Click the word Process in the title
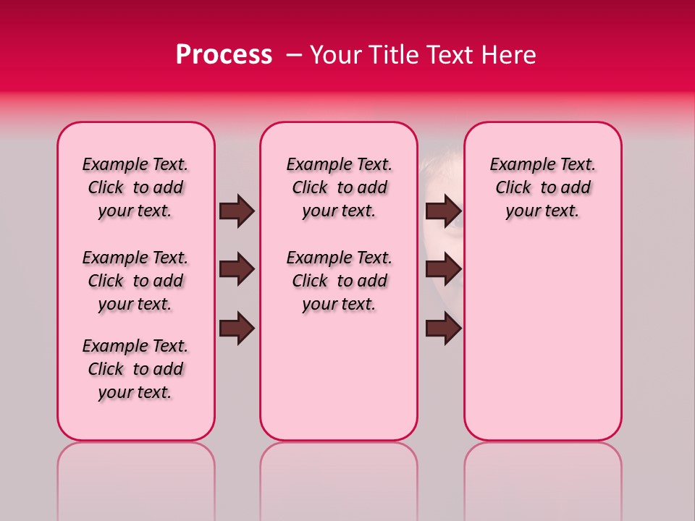pos(224,55)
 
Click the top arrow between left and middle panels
pos(237,211)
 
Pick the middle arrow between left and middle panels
pos(237,269)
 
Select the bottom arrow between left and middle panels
pos(237,329)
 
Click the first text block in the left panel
pos(135,187)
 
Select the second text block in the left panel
pos(135,281)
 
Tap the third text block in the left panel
pos(135,369)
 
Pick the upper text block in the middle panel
pos(339,187)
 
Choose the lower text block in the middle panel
pos(339,281)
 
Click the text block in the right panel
pos(542,187)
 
